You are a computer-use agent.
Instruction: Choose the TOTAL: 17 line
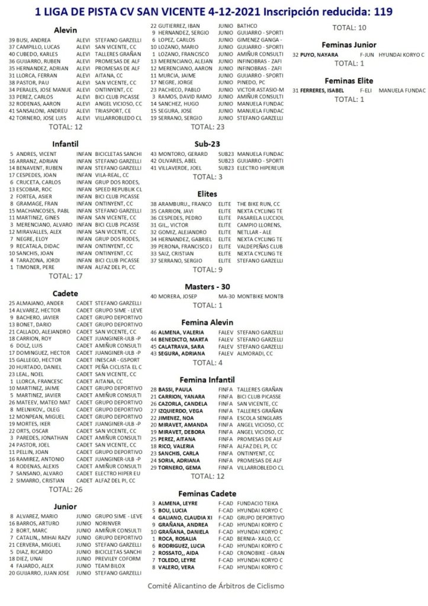coord(66,276)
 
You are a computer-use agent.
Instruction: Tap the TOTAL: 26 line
coord(66,489)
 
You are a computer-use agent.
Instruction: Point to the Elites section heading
coord(207,193)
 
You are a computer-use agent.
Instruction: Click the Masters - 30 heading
coord(207,286)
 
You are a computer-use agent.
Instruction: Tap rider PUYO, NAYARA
coord(321,54)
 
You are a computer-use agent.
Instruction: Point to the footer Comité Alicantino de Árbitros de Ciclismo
coord(215,586)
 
